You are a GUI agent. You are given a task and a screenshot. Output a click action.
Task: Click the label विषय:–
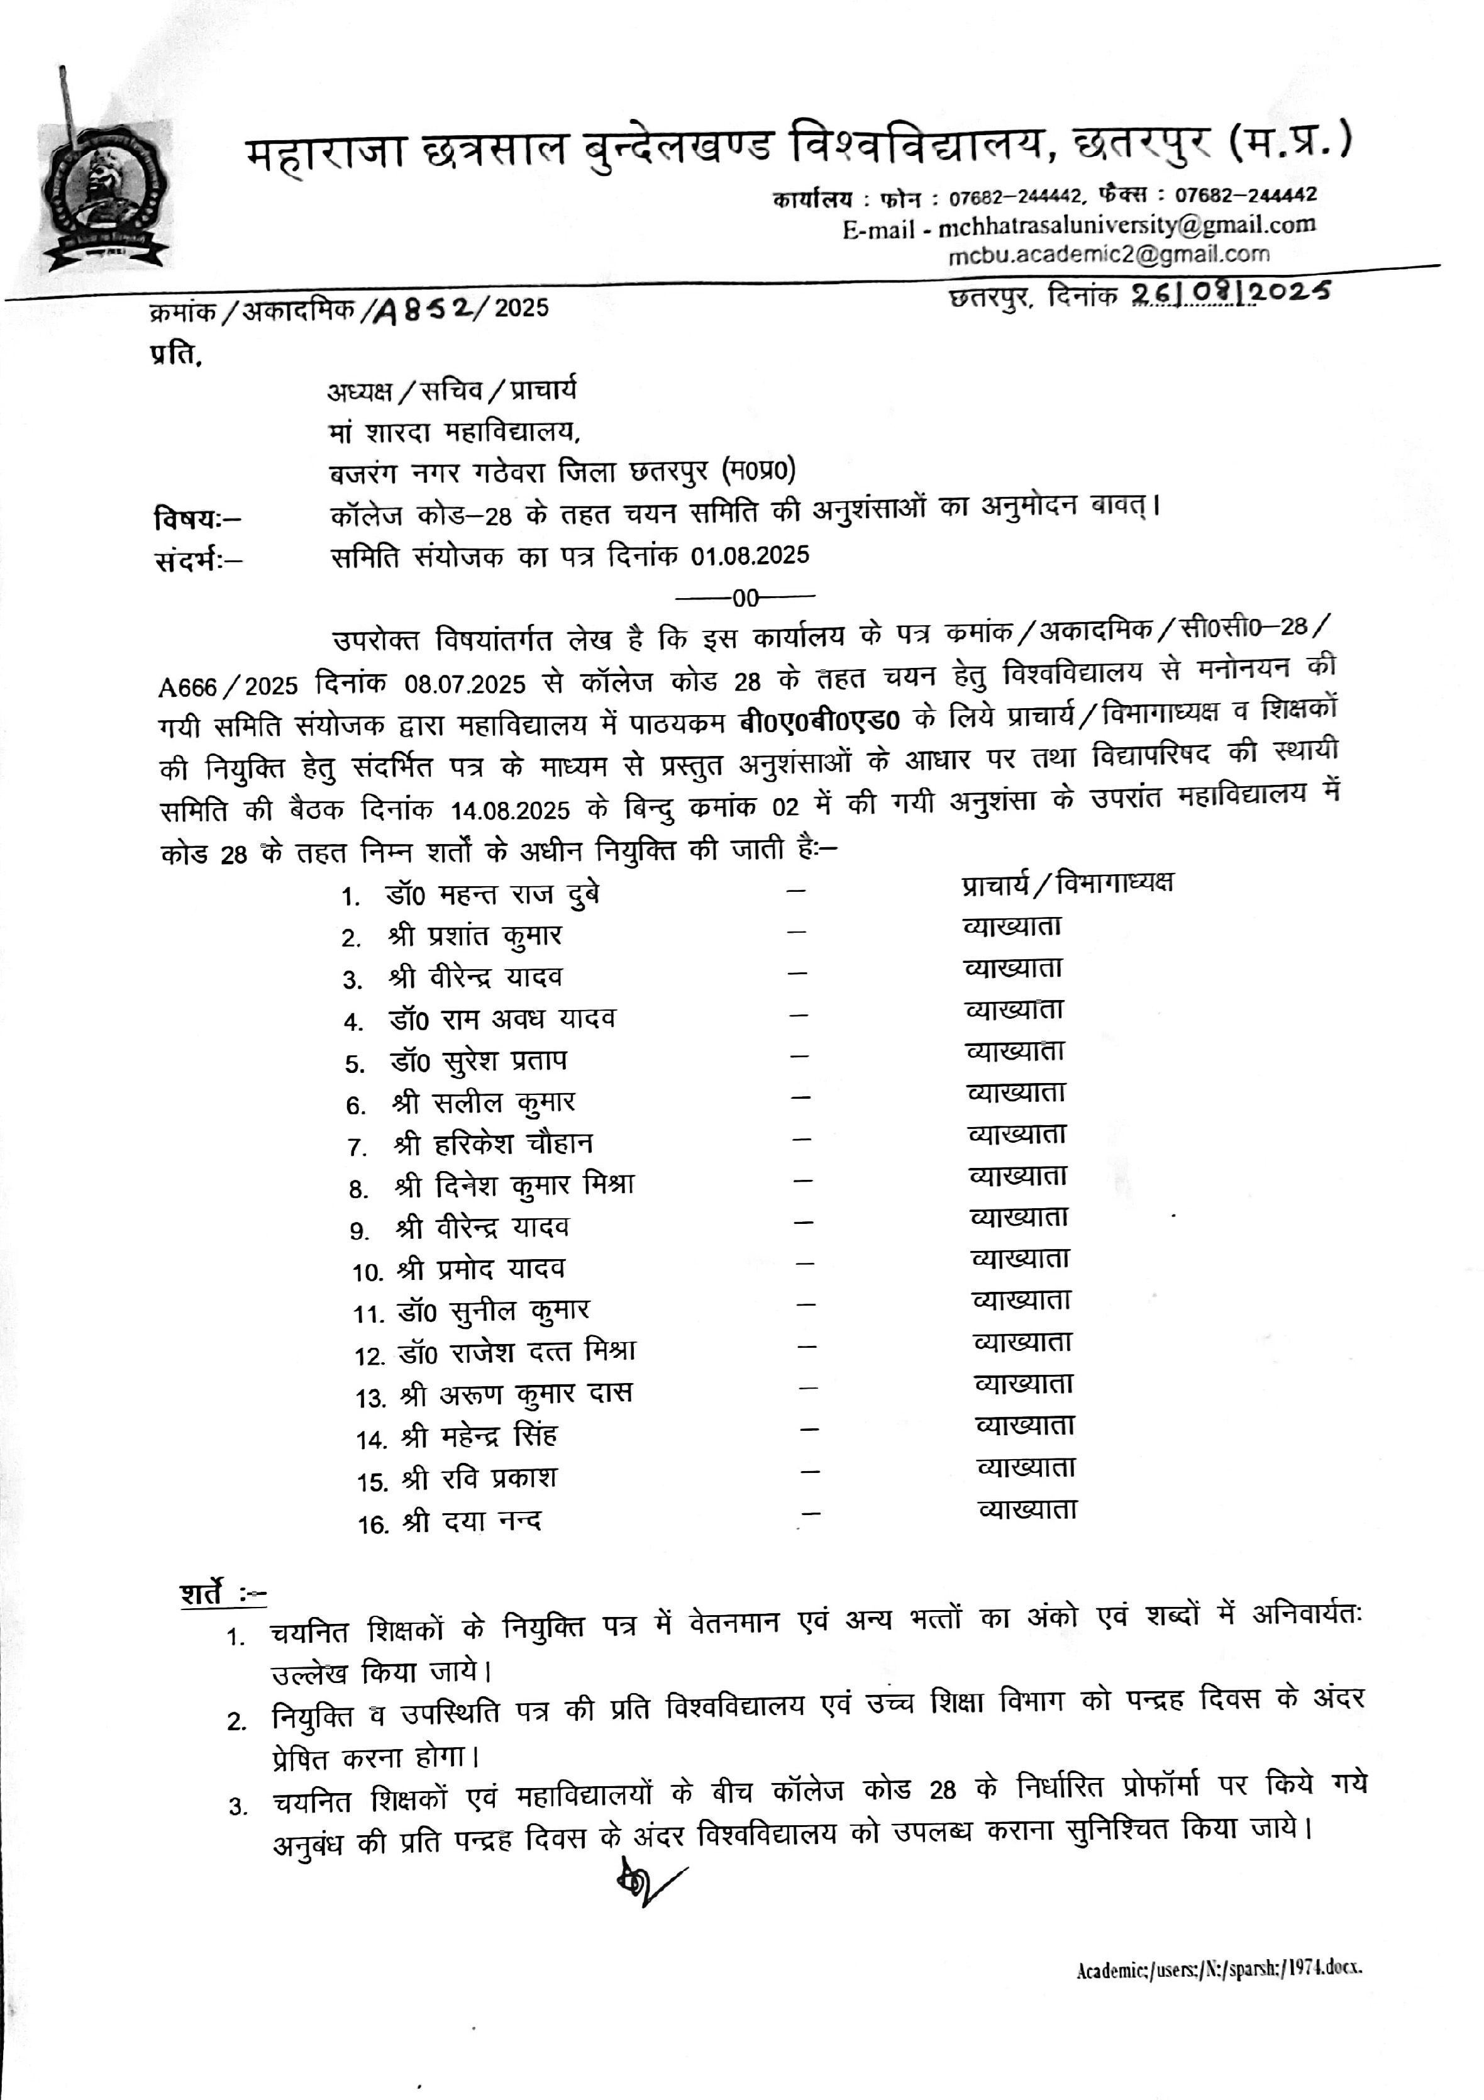coord(197,519)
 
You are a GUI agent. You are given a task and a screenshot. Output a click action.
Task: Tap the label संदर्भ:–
coord(197,560)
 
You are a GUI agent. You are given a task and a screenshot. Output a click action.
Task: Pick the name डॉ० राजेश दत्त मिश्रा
coord(518,1352)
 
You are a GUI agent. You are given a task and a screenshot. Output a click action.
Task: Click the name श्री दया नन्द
coord(472,1521)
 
